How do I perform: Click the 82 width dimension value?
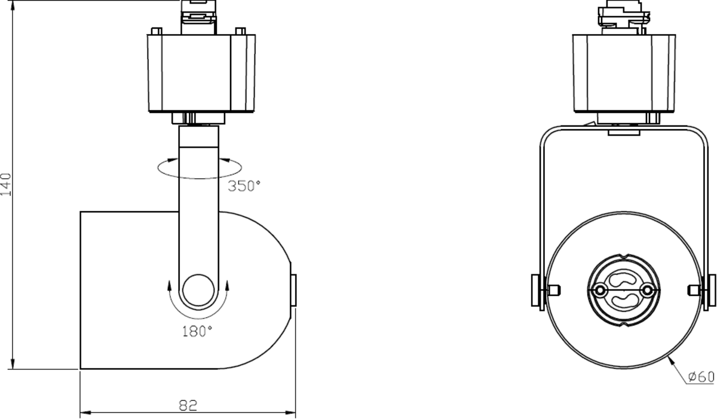point(188,405)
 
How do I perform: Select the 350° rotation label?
point(244,186)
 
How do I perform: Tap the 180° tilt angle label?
point(198,331)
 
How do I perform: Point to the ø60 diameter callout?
point(700,377)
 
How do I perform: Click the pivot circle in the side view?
point(198,292)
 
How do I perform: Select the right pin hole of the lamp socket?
point(646,290)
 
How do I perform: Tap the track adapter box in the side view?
point(201,73)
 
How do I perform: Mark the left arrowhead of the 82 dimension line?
point(84,412)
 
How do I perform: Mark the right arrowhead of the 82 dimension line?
point(292,412)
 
